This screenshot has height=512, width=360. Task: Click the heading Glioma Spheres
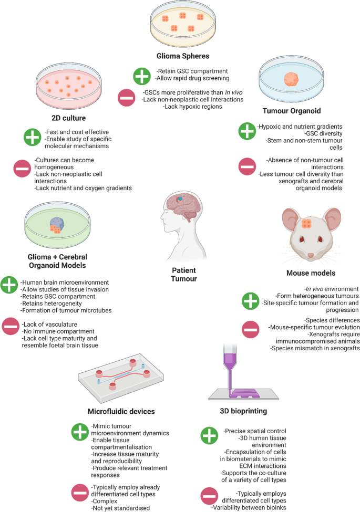tap(182, 56)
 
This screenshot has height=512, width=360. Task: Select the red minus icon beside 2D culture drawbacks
tap(22, 168)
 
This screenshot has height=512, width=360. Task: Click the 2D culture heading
tap(69, 118)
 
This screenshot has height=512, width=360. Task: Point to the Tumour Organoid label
tap(292, 111)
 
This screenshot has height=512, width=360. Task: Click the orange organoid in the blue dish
tap(291, 79)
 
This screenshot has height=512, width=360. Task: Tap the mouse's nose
tap(311, 255)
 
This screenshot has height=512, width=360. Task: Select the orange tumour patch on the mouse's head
tap(306, 224)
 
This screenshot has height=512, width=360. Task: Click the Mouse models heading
tap(311, 273)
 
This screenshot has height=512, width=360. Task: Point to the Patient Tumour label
tap(184, 275)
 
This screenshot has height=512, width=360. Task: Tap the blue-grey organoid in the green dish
tap(57, 224)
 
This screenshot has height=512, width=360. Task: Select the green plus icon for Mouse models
tap(250, 301)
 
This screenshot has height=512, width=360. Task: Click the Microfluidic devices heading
tap(121, 411)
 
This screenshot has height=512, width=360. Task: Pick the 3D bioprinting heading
tap(243, 411)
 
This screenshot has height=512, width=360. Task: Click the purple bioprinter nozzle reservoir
tap(230, 358)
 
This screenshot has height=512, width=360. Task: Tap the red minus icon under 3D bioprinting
tap(209, 496)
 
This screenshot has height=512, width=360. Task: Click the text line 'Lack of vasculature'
tap(49, 324)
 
